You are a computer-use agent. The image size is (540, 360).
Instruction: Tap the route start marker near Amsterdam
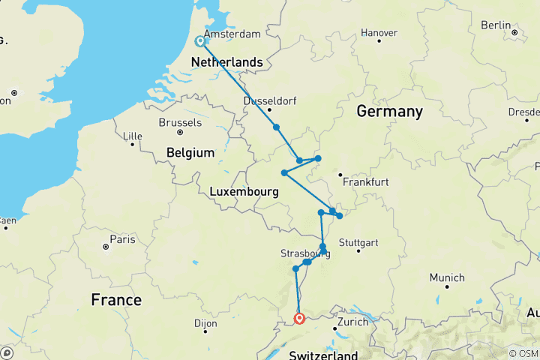tap(200, 42)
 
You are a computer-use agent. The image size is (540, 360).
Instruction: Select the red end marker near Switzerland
tap(300, 319)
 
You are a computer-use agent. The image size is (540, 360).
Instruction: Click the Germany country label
tap(389, 112)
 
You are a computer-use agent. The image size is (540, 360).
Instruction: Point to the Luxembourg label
tap(244, 192)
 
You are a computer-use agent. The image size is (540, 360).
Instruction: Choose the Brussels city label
tap(180, 122)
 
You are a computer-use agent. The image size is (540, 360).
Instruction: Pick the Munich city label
tap(447, 277)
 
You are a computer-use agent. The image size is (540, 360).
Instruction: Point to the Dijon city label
tap(204, 324)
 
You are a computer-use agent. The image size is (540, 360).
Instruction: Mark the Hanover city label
tap(379, 32)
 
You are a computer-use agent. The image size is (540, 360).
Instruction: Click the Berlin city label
tap(496, 25)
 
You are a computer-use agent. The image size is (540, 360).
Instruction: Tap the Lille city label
tap(132, 136)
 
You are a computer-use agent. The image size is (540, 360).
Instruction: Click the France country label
tap(116, 300)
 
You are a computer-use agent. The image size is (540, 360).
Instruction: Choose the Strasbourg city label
tap(304, 253)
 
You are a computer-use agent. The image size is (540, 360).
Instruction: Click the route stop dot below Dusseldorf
tap(277, 127)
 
